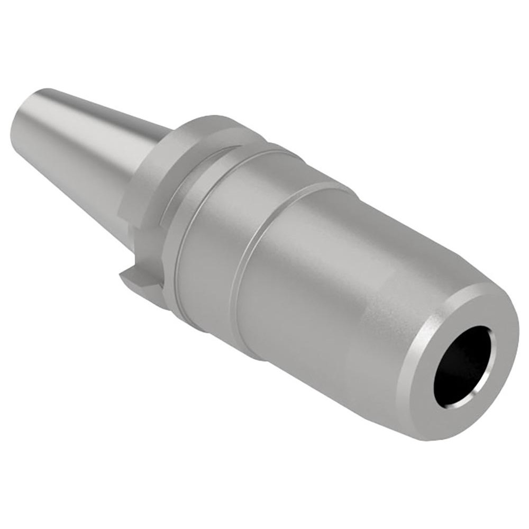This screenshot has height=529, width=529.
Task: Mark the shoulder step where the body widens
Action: (249, 254)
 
